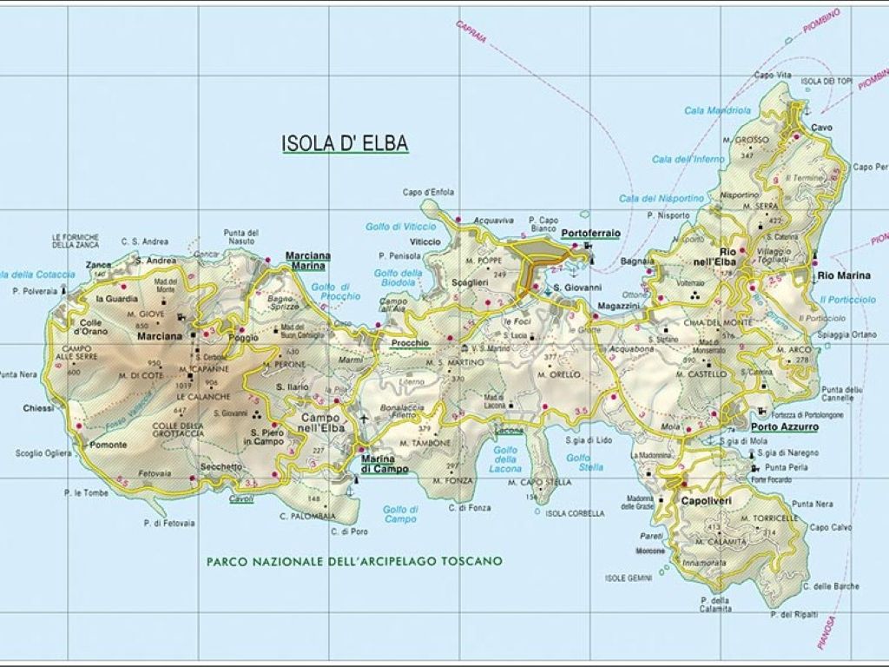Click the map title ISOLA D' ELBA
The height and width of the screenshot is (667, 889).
pyautogui.click(x=345, y=143)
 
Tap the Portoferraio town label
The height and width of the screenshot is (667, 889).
pyautogui.click(x=589, y=234)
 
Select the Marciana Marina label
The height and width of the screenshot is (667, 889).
pyautogui.click(x=308, y=261)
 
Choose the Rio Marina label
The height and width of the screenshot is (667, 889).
pyautogui.click(x=843, y=276)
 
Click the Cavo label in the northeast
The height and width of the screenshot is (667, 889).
pyautogui.click(x=821, y=128)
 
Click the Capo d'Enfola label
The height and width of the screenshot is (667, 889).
pyautogui.click(x=429, y=192)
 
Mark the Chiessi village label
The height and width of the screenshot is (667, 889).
pyautogui.click(x=39, y=408)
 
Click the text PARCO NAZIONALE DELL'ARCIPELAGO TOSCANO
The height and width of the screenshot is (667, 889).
pyautogui.click(x=354, y=561)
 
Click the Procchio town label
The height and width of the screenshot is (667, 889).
pyautogui.click(x=410, y=343)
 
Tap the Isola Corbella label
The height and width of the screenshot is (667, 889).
pyautogui.click(x=575, y=513)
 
